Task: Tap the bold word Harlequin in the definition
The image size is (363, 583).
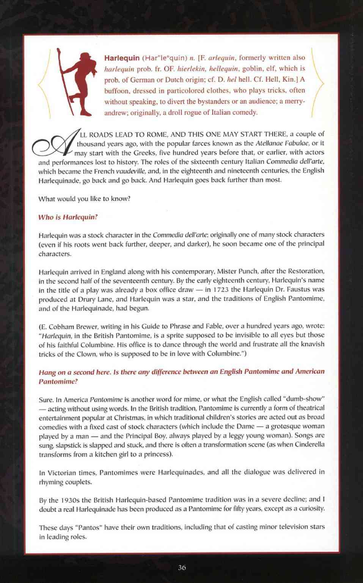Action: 122,58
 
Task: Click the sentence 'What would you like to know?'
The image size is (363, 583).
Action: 85,199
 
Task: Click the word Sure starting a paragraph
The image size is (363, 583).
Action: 46,399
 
